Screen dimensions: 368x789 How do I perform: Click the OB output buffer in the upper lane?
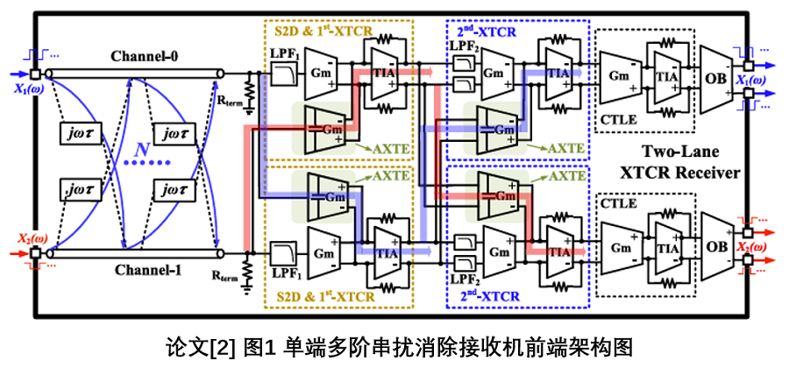point(714,77)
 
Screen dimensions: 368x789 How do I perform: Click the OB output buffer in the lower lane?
point(714,246)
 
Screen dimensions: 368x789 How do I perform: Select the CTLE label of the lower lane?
point(618,204)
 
